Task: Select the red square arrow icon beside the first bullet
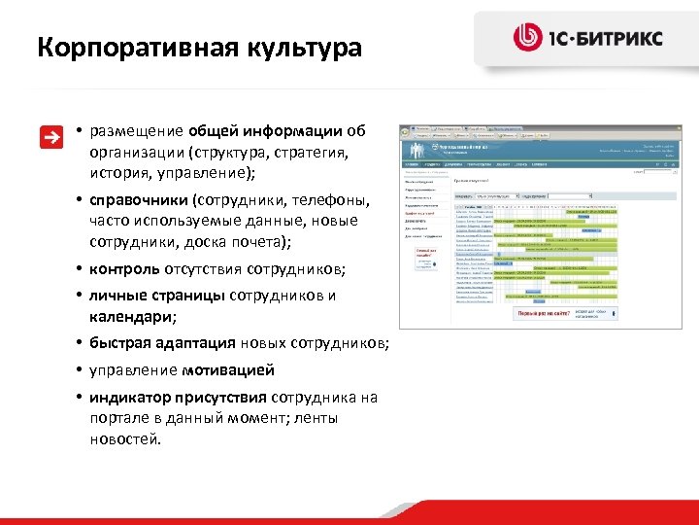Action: [50, 137]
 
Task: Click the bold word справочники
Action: [138, 199]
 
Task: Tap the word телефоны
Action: [325, 199]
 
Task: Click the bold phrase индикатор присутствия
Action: [179, 398]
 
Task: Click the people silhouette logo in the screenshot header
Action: [420, 152]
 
